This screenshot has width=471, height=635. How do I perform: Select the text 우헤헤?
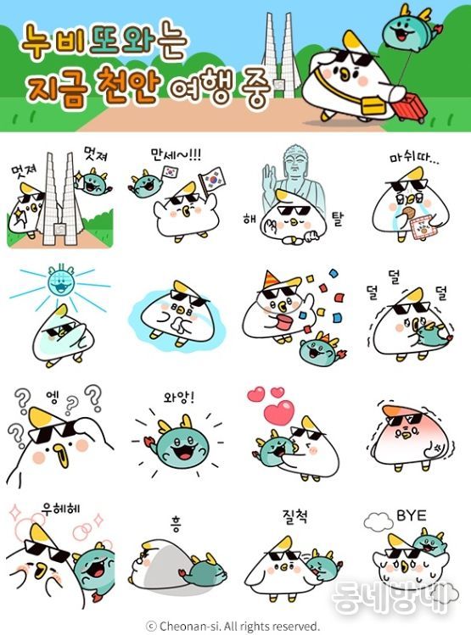pyautogui.click(x=56, y=510)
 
